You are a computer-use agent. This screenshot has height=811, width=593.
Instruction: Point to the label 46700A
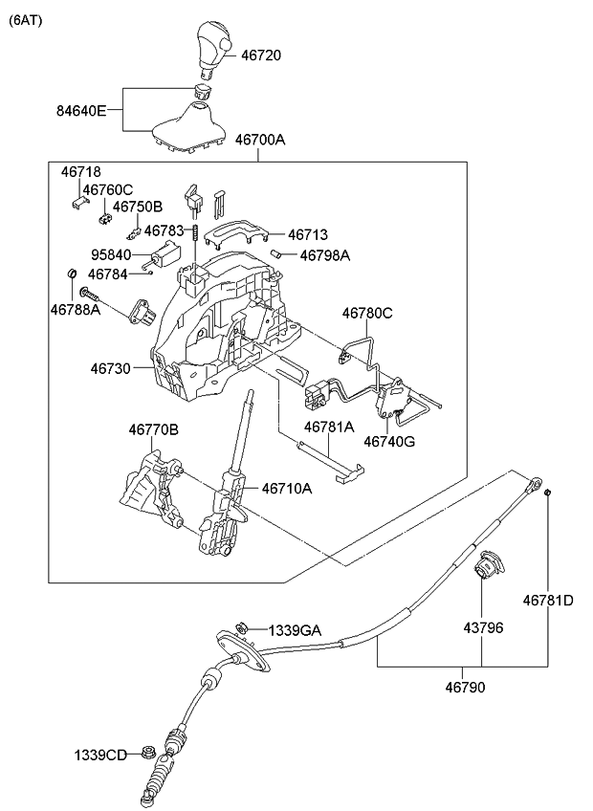coord(260,140)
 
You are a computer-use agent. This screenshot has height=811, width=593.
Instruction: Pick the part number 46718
coord(80,173)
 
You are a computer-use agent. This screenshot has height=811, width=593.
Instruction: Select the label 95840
coord(112,255)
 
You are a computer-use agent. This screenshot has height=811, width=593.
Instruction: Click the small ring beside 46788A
coord(71,275)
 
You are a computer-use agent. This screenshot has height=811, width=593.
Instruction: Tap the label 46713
coord(307,234)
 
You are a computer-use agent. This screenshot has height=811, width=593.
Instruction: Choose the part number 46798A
coord(324,255)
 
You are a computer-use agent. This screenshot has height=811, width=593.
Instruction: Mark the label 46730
coord(112,367)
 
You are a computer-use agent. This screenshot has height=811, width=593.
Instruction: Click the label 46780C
coord(368,312)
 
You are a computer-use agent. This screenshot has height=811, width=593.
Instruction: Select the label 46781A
coord(329,427)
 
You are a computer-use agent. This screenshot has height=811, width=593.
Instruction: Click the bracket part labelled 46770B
coord(149,488)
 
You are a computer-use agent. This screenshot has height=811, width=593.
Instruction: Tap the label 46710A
coord(287,488)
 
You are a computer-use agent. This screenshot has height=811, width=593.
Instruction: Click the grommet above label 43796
coord(485,570)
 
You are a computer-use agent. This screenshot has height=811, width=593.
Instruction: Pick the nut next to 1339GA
coord(242,627)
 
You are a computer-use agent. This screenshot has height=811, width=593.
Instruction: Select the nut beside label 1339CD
coord(149,753)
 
